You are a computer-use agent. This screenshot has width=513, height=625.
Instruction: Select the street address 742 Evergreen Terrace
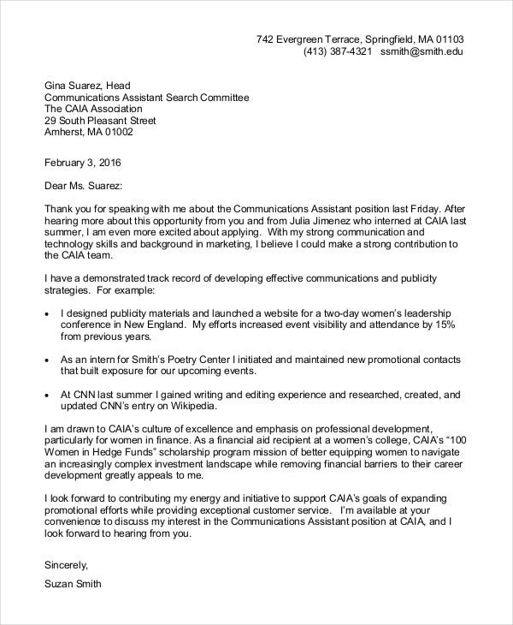pos(308,39)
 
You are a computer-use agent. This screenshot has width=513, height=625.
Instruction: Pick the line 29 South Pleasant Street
pos(100,121)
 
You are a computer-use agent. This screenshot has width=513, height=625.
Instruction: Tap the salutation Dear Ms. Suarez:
pos(83,185)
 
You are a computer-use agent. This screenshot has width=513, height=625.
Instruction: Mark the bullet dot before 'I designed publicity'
pos(46,315)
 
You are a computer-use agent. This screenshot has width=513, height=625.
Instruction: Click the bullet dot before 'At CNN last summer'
pos(46,396)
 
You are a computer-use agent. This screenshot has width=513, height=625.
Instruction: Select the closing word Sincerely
pos(66,565)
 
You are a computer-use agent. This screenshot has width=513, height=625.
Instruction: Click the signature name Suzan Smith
pos(73,585)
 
